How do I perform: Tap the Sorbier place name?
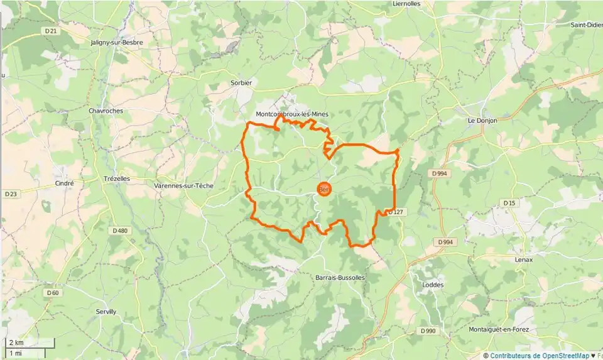(x=241, y=82)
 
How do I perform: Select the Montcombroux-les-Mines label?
(x=292, y=114)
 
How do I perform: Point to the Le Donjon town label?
(x=482, y=120)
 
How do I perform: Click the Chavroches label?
(x=106, y=111)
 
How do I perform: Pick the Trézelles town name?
(x=116, y=178)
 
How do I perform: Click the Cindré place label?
(x=65, y=183)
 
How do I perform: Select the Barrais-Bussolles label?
(x=340, y=276)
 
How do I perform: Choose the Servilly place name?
(x=106, y=312)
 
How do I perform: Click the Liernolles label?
(x=406, y=4)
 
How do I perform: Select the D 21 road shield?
(x=51, y=31)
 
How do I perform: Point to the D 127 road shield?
(x=394, y=212)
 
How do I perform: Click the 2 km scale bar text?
(x=15, y=343)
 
